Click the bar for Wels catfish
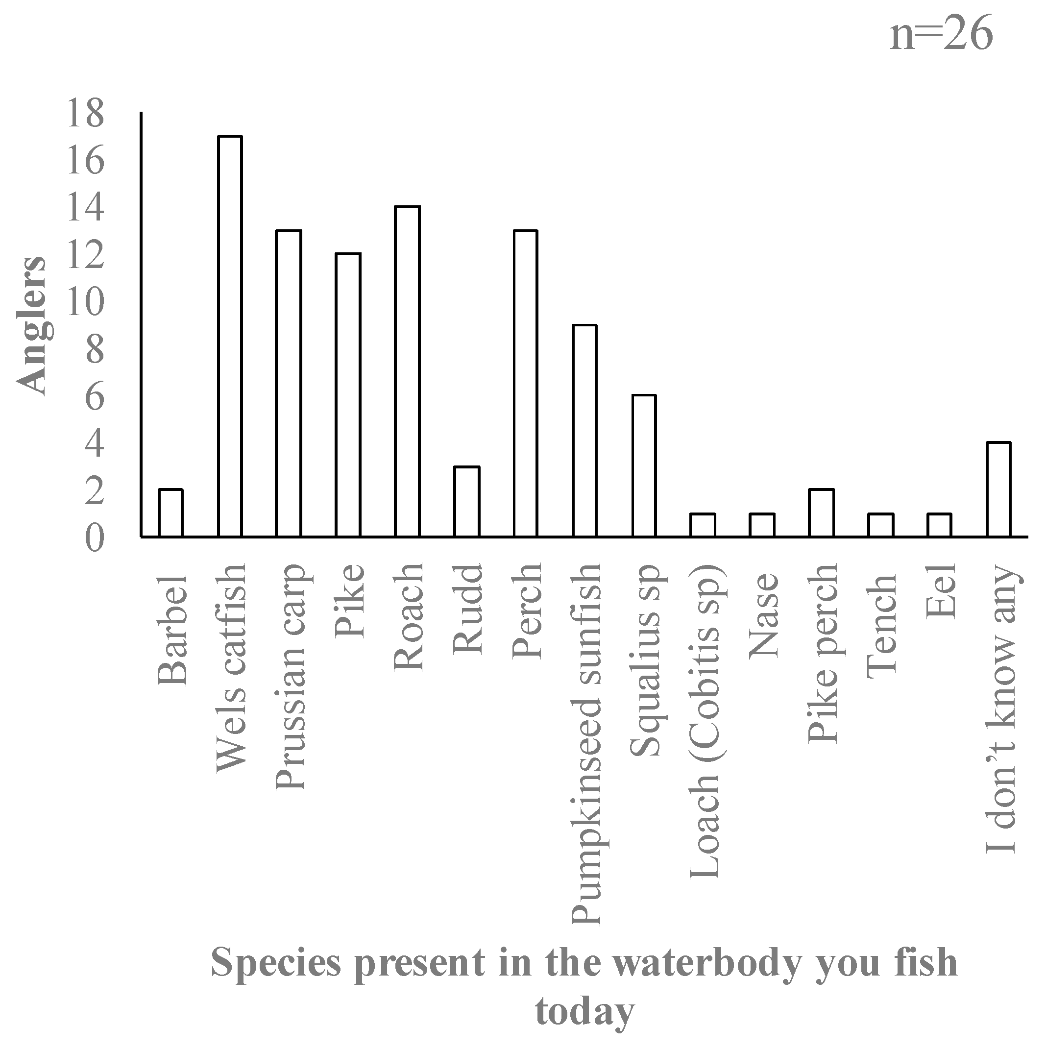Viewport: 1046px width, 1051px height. click(x=230, y=337)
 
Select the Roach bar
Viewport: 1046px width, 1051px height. click(x=408, y=371)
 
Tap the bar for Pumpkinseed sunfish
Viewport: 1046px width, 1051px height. click(x=585, y=431)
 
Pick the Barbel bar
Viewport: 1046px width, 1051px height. click(x=170, y=513)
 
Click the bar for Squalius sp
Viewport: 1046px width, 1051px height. click(x=644, y=466)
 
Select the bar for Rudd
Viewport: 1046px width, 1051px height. click(x=467, y=502)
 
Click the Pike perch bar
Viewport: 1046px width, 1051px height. click(x=821, y=513)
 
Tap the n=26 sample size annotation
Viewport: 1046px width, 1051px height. click(x=941, y=34)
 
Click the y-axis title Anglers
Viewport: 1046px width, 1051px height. click(x=31, y=325)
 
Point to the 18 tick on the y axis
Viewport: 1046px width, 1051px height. click(x=85, y=114)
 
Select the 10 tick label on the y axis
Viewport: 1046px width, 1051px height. click(x=85, y=302)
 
